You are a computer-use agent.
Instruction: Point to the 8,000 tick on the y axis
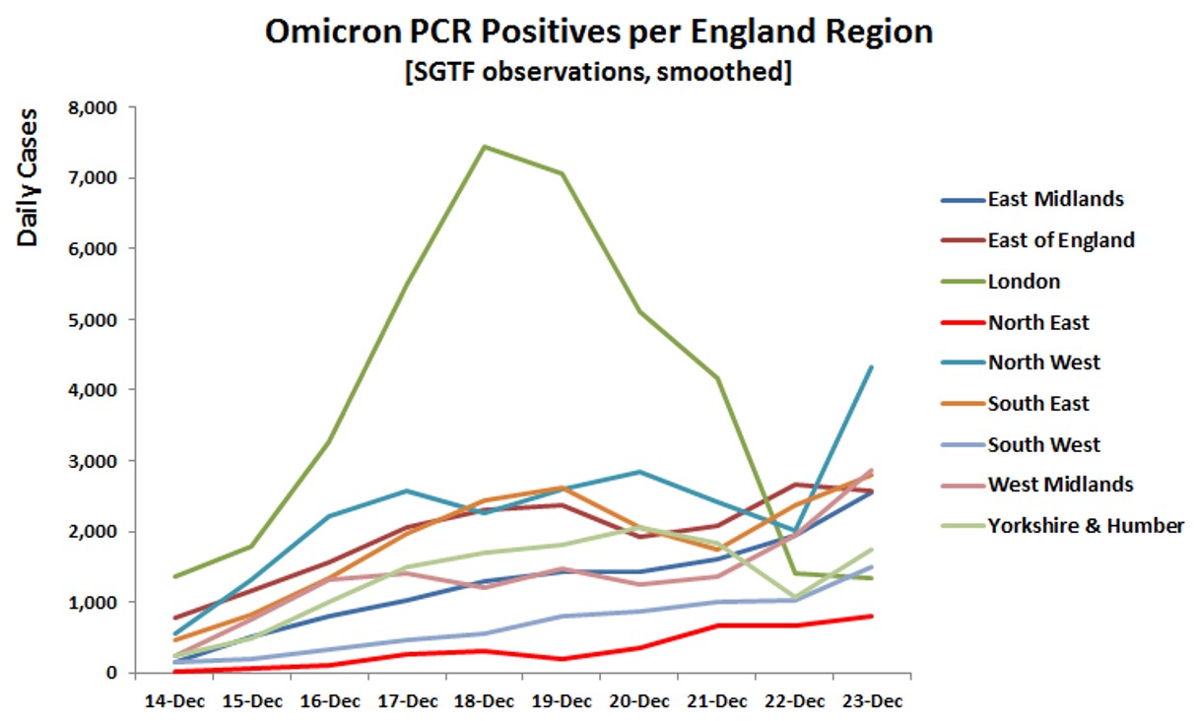pos(92,107)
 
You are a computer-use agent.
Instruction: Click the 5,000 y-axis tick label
pos(92,319)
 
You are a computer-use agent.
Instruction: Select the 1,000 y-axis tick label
pos(92,602)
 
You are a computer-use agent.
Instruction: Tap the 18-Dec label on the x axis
pos(486,701)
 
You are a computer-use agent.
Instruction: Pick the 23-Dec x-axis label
pos(873,701)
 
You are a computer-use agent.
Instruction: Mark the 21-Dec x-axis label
pos(717,701)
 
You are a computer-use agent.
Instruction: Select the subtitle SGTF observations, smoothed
pos(597,72)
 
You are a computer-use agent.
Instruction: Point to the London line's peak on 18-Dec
pos(486,147)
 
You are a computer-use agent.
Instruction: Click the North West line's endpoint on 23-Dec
pos(872,367)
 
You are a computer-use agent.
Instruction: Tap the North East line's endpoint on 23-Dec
pos(872,616)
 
